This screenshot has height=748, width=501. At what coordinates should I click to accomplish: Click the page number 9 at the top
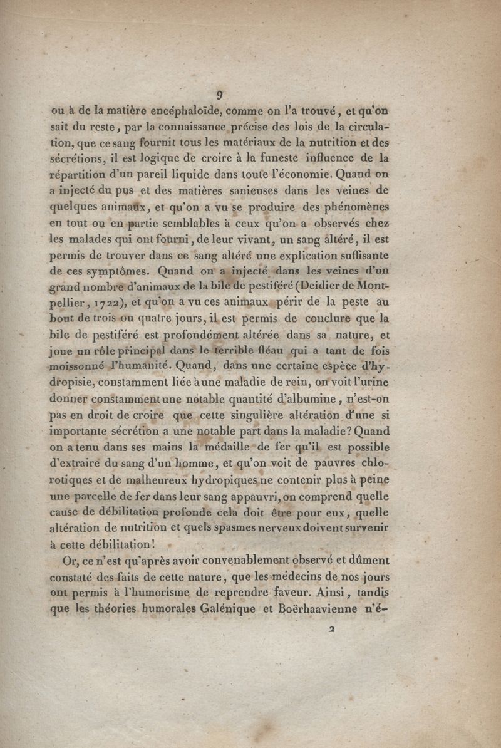click(x=220, y=95)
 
